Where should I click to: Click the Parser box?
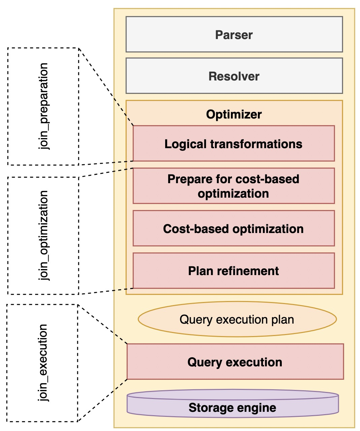pos(234,34)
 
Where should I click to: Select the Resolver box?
pos(234,76)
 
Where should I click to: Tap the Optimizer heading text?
pos(234,114)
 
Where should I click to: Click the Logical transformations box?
pos(234,143)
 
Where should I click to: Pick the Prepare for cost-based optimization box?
pos(234,186)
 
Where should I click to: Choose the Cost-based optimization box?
pos(234,228)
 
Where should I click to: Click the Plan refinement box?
pos(234,271)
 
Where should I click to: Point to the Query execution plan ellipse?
pos(237,319)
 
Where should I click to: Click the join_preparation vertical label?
pos(43,106)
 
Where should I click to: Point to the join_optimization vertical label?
pos(43,235)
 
